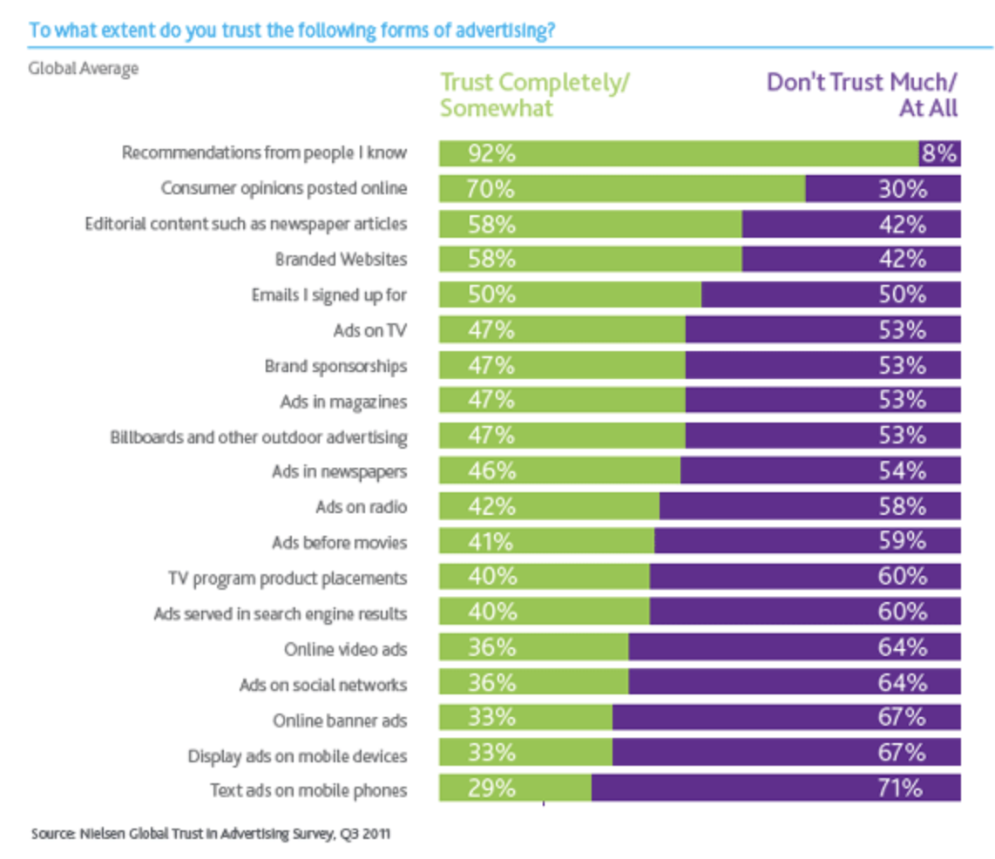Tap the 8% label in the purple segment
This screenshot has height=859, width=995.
(x=940, y=154)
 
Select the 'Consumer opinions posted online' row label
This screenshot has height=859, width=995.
(x=284, y=188)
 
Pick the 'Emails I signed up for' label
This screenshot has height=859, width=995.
(x=328, y=294)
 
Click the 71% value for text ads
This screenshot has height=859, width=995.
(x=901, y=788)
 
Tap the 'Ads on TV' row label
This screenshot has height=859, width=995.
(x=369, y=330)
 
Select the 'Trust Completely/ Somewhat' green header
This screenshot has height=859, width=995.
(x=535, y=95)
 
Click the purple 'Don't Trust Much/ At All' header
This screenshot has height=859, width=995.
(x=862, y=95)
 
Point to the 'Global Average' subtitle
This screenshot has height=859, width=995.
(x=84, y=68)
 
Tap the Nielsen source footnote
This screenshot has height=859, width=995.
(x=211, y=834)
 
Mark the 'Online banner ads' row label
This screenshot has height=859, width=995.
(x=340, y=720)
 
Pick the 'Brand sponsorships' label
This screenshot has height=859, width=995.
(x=335, y=366)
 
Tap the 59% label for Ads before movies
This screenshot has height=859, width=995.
(x=901, y=542)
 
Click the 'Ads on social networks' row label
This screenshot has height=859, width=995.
(x=323, y=685)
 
